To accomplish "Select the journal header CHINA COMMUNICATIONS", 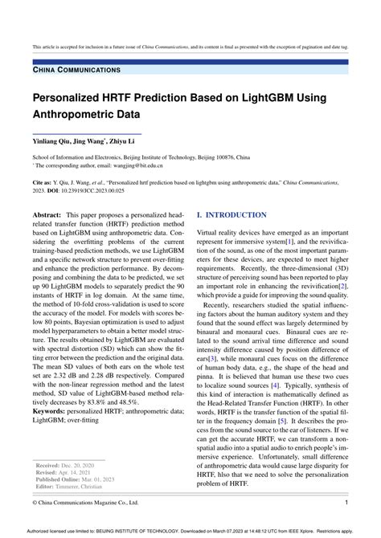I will [x=76, y=71].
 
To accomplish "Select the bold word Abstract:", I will [x=50, y=216].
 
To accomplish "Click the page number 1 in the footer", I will [x=346, y=503].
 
